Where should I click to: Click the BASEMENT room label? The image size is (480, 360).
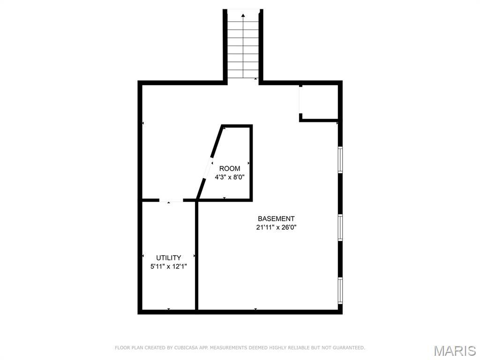pyautogui.click(x=276, y=218)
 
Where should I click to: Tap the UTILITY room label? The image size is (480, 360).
pyautogui.click(x=168, y=257)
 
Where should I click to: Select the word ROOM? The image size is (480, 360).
pyautogui.click(x=230, y=168)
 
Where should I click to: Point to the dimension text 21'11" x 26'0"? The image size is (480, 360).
pyautogui.click(x=277, y=227)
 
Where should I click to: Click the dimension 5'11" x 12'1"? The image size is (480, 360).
pyautogui.click(x=169, y=266)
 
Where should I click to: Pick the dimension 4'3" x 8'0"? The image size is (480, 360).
pyautogui.click(x=230, y=177)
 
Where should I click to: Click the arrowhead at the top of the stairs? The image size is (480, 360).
pyautogui.click(x=243, y=15)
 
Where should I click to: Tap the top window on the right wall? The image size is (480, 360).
pyautogui.click(x=340, y=159)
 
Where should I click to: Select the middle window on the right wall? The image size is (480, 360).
pyautogui.click(x=340, y=227)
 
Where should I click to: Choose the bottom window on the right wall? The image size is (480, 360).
pyautogui.click(x=340, y=291)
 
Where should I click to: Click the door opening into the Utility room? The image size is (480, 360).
pyautogui.click(x=171, y=200)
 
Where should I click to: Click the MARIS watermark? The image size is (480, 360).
pyautogui.click(x=455, y=351)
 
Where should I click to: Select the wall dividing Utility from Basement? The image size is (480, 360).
pyautogui.click(x=196, y=256)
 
